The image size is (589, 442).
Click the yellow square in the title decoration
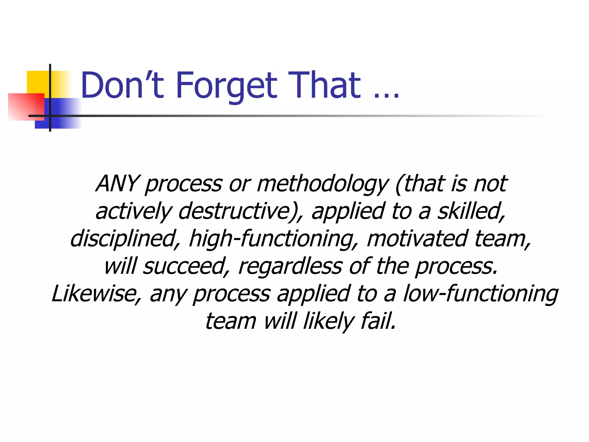click(x=37, y=82)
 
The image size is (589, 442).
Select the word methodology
click(x=322, y=184)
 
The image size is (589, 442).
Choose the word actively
click(x=134, y=212)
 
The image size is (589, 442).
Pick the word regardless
click(x=290, y=266)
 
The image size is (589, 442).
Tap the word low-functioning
click(x=481, y=294)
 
